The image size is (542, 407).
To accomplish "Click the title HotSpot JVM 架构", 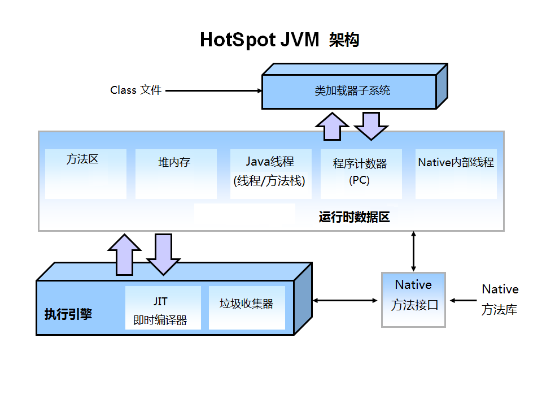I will point(279,40).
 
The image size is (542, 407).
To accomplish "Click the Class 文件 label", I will point(135,90).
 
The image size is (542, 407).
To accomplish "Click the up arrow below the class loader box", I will point(332,125).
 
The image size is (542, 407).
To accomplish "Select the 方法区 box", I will point(85,174).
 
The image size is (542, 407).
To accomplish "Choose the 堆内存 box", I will point(176,174).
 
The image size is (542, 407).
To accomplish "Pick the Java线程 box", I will point(270,174).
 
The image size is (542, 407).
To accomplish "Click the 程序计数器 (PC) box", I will point(361,174).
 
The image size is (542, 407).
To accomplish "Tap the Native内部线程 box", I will point(456,174).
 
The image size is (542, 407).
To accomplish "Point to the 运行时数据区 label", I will point(354,217).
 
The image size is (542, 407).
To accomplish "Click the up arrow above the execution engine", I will point(124,254).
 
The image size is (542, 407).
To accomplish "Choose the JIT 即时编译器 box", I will point(163,308).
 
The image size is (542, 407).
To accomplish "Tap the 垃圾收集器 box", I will point(246,308).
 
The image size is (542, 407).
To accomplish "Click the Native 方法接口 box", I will point(413,299).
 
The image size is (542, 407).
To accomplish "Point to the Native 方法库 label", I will point(500,300).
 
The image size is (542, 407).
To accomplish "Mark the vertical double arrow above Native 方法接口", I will point(414,251).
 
